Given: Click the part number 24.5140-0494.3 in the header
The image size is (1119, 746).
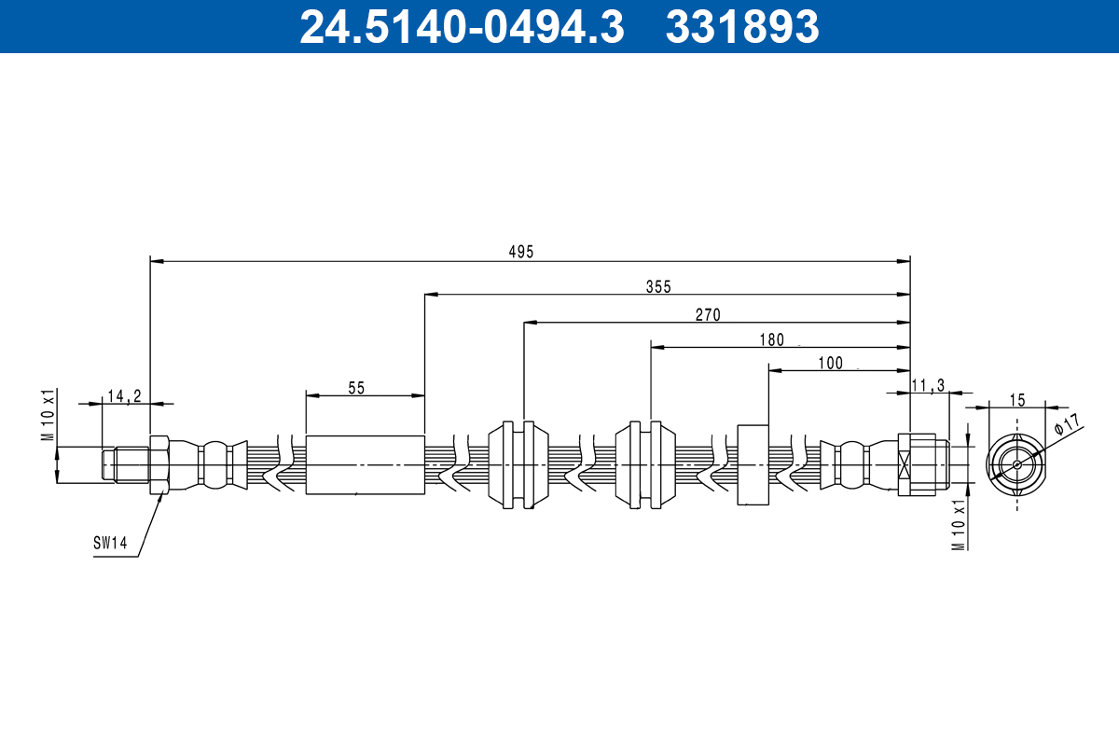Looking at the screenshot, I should [461, 27].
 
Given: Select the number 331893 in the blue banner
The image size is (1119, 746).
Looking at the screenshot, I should [742, 27].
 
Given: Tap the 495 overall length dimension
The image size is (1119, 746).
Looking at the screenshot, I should [520, 252].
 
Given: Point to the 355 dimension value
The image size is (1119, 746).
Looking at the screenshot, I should [658, 286].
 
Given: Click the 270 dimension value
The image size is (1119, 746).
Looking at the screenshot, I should [708, 314].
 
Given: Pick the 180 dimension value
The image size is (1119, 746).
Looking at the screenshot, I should [771, 339].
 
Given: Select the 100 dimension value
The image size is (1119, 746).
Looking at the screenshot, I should [830, 363].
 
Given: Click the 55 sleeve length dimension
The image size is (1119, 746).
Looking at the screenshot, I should [356, 387].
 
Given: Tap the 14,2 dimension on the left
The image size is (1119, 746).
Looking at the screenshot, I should [123, 395].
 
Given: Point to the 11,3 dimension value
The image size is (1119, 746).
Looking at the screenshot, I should [928, 385].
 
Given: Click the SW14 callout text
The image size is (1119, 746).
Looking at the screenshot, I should [109, 542].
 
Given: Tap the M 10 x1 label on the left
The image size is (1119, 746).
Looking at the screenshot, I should [48, 416].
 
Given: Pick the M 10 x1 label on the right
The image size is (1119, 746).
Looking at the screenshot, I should [958, 524].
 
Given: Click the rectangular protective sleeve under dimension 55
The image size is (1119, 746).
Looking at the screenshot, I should [365, 464].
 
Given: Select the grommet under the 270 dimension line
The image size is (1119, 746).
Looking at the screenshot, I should [518, 464].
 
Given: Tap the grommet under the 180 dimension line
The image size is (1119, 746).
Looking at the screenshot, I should [645, 464].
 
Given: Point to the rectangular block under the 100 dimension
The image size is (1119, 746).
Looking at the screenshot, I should [753, 464].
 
